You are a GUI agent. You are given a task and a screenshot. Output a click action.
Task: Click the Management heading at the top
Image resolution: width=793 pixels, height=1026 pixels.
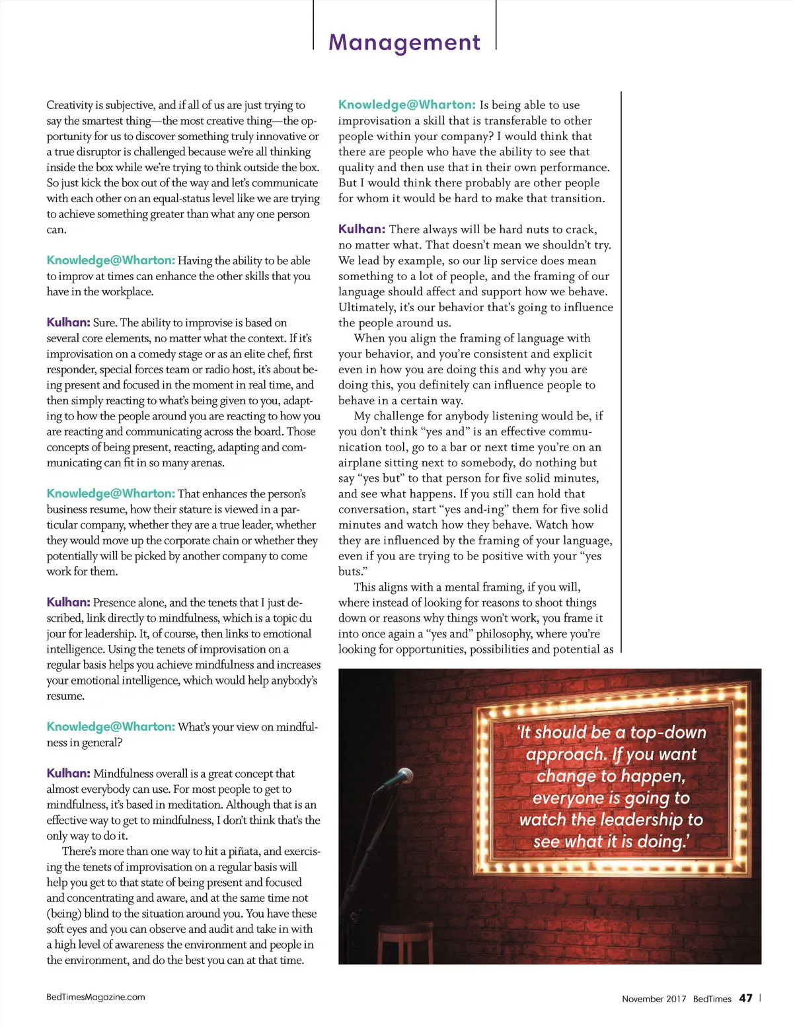[x=404, y=42]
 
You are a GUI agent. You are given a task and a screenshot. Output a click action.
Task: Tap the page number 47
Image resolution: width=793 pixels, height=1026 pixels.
[x=745, y=998]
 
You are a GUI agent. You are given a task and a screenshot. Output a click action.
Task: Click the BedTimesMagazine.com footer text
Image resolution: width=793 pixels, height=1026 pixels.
[x=96, y=997]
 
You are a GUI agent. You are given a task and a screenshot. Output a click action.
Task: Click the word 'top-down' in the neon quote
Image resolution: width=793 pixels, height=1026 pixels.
[x=667, y=732]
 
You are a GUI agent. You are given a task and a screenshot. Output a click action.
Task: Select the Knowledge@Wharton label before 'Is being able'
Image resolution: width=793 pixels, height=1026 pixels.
[x=406, y=104]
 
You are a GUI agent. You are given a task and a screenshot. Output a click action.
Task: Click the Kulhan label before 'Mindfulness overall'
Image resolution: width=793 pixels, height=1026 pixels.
[x=68, y=773]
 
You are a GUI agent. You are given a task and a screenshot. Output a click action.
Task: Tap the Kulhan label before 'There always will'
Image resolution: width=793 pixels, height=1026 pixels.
[x=361, y=229]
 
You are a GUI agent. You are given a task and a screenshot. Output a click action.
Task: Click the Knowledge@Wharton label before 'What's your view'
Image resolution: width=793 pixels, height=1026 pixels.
[x=110, y=727]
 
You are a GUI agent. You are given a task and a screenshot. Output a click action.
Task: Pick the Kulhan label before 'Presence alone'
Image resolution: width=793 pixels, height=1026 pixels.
[x=68, y=602]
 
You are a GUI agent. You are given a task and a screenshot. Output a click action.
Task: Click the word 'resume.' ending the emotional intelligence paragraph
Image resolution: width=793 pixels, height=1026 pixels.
[x=65, y=696]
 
